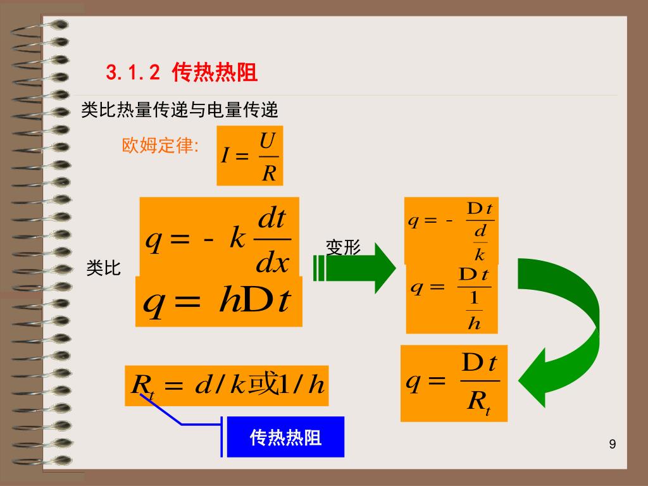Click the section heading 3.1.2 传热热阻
(x=182, y=73)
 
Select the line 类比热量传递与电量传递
(x=180, y=110)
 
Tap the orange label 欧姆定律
(x=160, y=146)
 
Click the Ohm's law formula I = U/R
(x=249, y=156)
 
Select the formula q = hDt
(x=218, y=302)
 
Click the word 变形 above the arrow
(x=343, y=247)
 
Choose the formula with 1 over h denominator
(x=451, y=299)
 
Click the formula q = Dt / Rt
(x=454, y=383)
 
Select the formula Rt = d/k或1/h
(x=227, y=384)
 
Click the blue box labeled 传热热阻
(x=285, y=437)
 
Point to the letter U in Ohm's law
(x=268, y=140)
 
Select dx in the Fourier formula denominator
(x=272, y=263)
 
